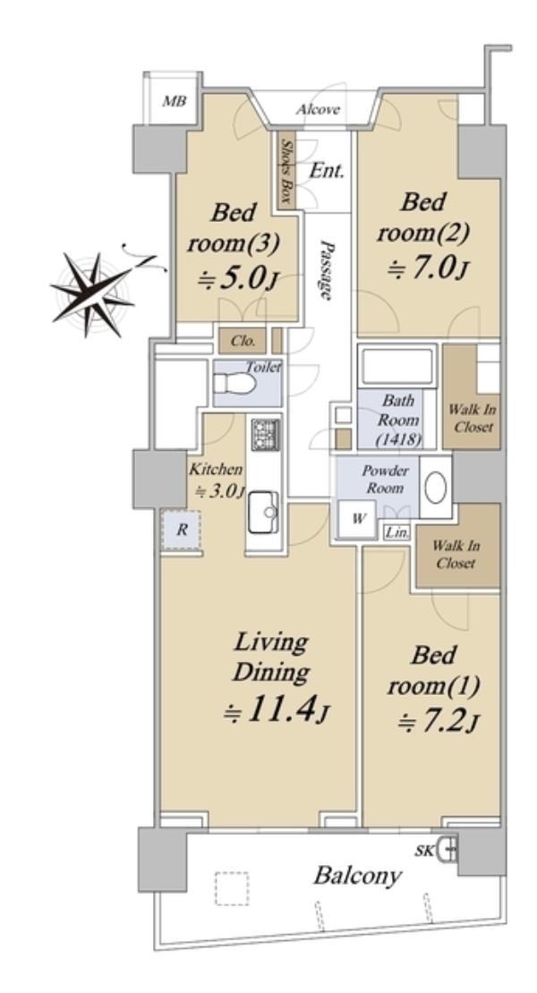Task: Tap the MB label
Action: click(x=174, y=101)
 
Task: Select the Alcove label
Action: click(x=318, y=109)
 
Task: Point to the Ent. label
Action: click(x=328, y=170)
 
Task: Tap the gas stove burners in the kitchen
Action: click(x=265, y=435)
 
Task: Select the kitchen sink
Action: click(x=263, y=512)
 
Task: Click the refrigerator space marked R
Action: click(x=182, y=530)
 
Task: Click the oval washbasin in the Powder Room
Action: click(x=435, y=488)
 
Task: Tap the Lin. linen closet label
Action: click(x=397, y=532)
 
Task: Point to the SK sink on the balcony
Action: click(x=449, y=848)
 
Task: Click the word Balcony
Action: click(x=358, y=876)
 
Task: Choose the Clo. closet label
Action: click(x=243, y=341)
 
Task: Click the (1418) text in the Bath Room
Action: click(x=397, y=438)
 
